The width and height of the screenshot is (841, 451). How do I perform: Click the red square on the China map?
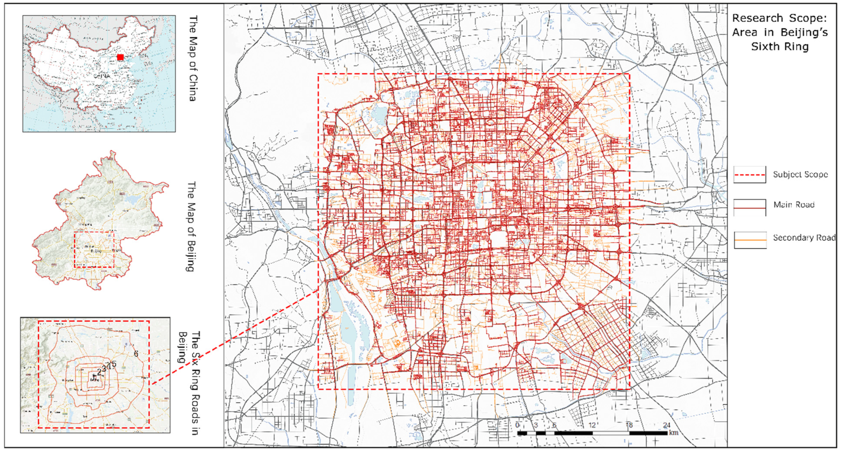coord(120,57)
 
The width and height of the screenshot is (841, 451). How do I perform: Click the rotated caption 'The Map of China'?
coord(194,58)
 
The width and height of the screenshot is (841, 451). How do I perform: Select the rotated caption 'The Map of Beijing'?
coord(191,226)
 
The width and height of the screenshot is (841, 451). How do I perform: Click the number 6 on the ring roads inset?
coord(136,354)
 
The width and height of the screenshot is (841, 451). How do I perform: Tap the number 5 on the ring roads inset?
coord(114,364)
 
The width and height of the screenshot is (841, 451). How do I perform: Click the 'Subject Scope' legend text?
coord(800,174)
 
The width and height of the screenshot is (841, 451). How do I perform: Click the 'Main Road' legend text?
coord(794,205)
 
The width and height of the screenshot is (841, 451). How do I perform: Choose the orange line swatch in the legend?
coord(750,240)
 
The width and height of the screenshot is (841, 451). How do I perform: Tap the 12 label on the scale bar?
coord(592,425)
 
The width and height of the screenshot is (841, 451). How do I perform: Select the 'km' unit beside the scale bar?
coord(673,433)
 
